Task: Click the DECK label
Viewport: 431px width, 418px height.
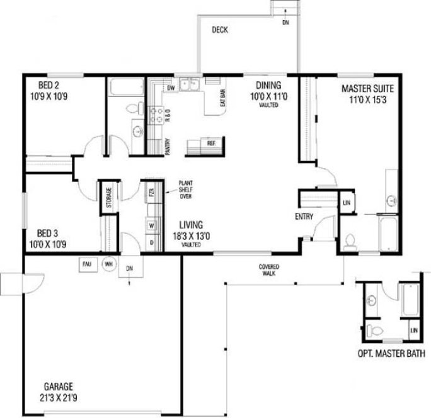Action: [219, 29]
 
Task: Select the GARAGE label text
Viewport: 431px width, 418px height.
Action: [58, 385]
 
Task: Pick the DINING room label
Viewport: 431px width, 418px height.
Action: [268, 85]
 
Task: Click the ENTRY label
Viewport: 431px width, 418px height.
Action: [304, 217]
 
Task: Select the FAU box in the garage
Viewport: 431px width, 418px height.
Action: [88, 264]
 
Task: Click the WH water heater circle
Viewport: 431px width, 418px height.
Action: [108, 264]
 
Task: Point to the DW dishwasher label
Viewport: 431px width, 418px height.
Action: [170, 88]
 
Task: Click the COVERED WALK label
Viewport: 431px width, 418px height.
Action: [269, 269]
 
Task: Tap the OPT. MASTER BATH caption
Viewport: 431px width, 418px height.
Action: [389, 353]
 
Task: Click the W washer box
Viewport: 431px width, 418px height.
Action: [151, 224]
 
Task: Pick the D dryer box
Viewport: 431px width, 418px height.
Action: [151, 241]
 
